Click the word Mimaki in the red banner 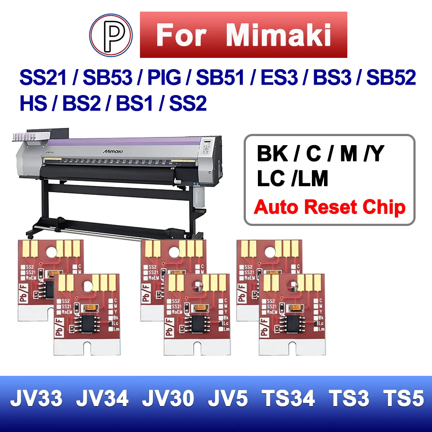(x=279, y=35)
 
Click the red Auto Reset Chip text (x=330, y=207)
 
